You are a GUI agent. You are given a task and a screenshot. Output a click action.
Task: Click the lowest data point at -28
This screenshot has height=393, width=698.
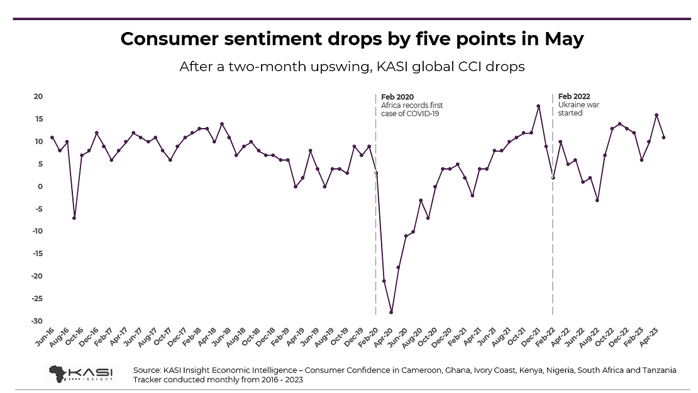click(391, 312)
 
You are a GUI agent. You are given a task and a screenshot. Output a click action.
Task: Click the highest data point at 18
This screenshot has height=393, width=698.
click(538, 106)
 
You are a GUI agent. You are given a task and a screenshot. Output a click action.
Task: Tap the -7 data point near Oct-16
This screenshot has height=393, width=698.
click(74, 218)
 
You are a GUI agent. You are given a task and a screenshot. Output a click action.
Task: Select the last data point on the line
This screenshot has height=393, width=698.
click(663, 137)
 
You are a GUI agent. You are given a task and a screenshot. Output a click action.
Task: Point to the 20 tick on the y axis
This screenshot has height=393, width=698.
click(38, 97)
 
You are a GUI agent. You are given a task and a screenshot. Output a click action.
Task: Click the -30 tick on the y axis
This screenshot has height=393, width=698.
click(36, 321)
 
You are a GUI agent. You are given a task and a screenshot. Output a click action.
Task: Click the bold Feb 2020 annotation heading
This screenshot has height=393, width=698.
click(397, 97)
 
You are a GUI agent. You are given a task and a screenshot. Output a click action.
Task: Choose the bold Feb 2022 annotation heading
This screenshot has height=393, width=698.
click(575, 97)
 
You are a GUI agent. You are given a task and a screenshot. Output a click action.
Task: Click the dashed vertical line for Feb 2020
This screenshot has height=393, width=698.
click(375, 251)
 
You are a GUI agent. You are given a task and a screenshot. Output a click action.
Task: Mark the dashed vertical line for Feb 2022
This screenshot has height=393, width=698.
click(553, 251)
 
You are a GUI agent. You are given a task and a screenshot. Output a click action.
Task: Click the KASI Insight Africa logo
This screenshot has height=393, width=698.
click(81, 373)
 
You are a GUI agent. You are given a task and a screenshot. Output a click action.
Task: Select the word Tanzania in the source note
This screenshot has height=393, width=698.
click(655, 370)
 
